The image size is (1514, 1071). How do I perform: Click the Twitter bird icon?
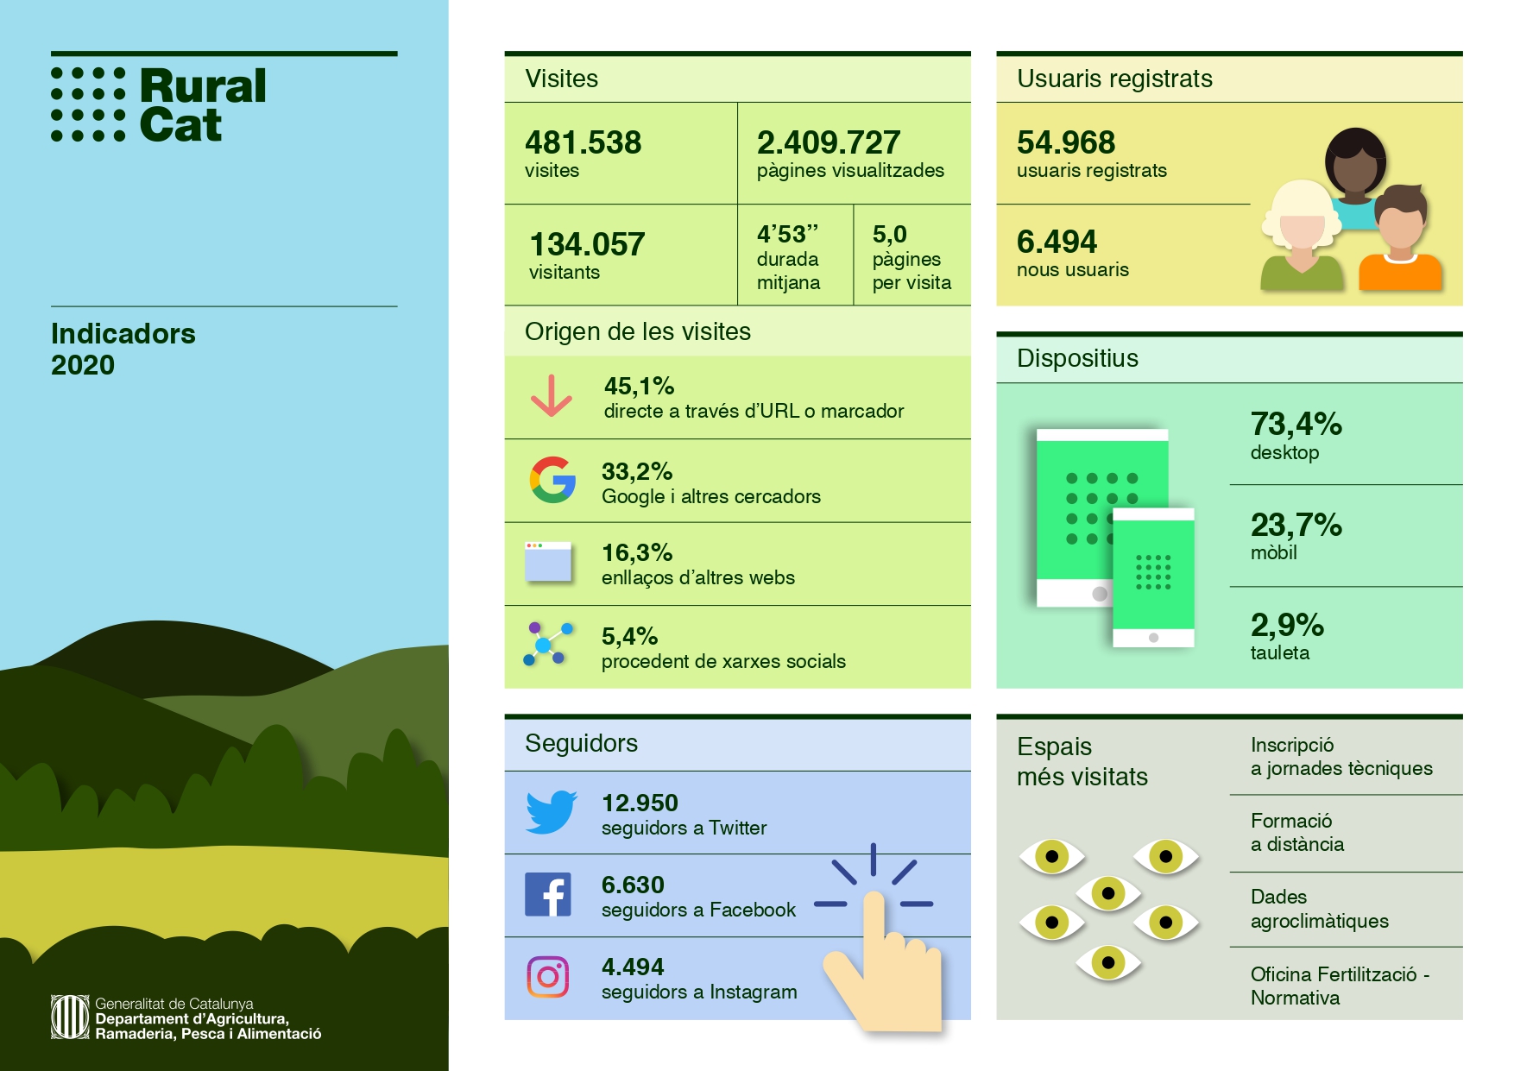[552, 812]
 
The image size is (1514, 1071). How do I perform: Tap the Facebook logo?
[548, 894]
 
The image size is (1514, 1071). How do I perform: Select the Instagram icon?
[548, 977]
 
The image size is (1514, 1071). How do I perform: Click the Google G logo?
[552, 480]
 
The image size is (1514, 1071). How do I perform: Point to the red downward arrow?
[552, 396]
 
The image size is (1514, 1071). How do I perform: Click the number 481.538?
[584, 142]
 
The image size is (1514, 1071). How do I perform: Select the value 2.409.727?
[829, 142]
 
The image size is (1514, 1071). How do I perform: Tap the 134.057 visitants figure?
[587, 244]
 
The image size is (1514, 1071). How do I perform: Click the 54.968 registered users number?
[1066, 142]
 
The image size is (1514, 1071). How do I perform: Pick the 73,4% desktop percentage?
[1296, 424]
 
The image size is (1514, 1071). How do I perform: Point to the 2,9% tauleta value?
[1287, 625]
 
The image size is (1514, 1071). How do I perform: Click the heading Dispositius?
[1077, 358]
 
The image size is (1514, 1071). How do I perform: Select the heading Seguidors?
[581, 743]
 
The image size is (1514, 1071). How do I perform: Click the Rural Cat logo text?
[202, 105]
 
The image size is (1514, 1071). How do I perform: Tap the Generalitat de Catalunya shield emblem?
[69, 1017]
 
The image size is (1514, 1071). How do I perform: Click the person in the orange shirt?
[1400, 242]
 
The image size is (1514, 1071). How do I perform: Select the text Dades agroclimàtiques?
[1319, 909]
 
